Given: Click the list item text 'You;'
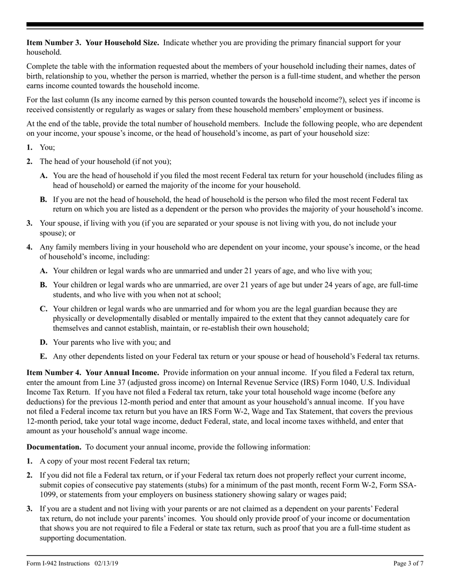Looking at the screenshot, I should pos(47,148).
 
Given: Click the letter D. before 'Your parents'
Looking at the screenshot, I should pos(44,342).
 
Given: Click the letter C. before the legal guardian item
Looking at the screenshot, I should pos(44,309).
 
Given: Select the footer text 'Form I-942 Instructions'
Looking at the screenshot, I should pos(58,563).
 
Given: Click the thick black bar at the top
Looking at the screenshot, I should pos(225,25).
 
